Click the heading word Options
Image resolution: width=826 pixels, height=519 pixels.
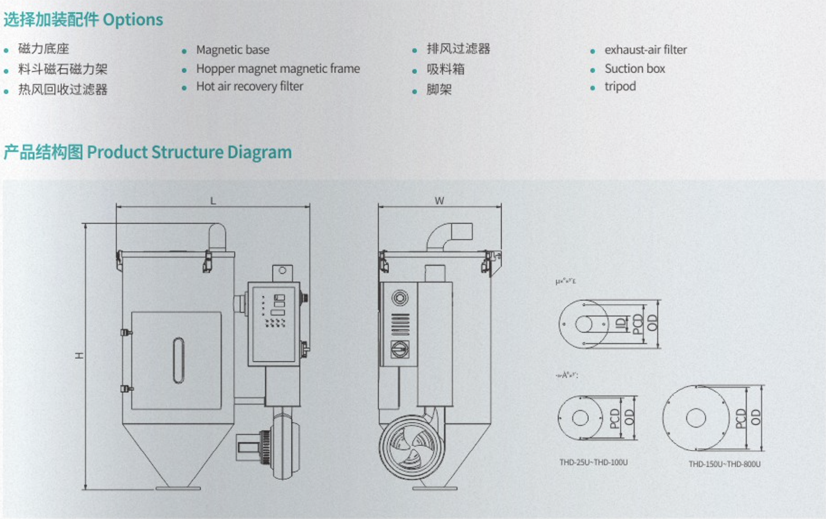tap(133, 20)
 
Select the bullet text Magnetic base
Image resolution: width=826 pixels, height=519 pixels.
tap(232, 50)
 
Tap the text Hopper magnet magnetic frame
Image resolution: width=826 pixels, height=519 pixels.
tap(278, 69)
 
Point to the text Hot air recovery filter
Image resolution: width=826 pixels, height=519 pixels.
tap(249, 86)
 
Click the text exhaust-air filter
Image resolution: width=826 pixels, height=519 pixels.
tap(645, 50)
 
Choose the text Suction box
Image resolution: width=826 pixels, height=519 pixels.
tap(634, 69)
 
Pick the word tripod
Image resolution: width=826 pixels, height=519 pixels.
tap(620, 87)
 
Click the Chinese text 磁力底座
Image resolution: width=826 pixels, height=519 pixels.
tap(44, 49)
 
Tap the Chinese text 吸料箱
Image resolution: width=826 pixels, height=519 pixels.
tap(445, 69)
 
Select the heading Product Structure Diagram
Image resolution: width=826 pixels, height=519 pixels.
tap(189, 152)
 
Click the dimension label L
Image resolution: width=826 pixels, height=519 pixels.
tap(213, 201)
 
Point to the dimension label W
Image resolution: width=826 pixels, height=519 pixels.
tap(439, 201)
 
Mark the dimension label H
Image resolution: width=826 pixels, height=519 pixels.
tap(79, 356)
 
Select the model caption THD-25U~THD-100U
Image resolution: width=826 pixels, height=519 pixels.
tap(593, 463)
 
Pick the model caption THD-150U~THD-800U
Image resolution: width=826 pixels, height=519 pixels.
tap(724, 464)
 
